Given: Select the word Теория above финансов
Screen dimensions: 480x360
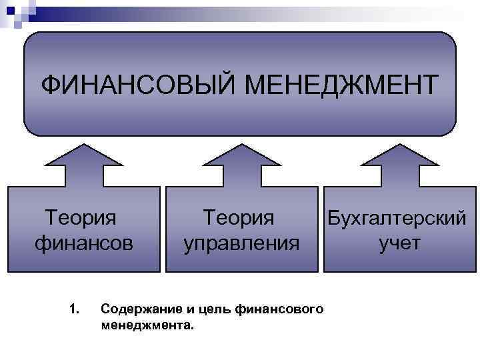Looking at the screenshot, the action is coord(80,218).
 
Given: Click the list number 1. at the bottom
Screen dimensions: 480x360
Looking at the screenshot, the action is coord(74,309).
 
